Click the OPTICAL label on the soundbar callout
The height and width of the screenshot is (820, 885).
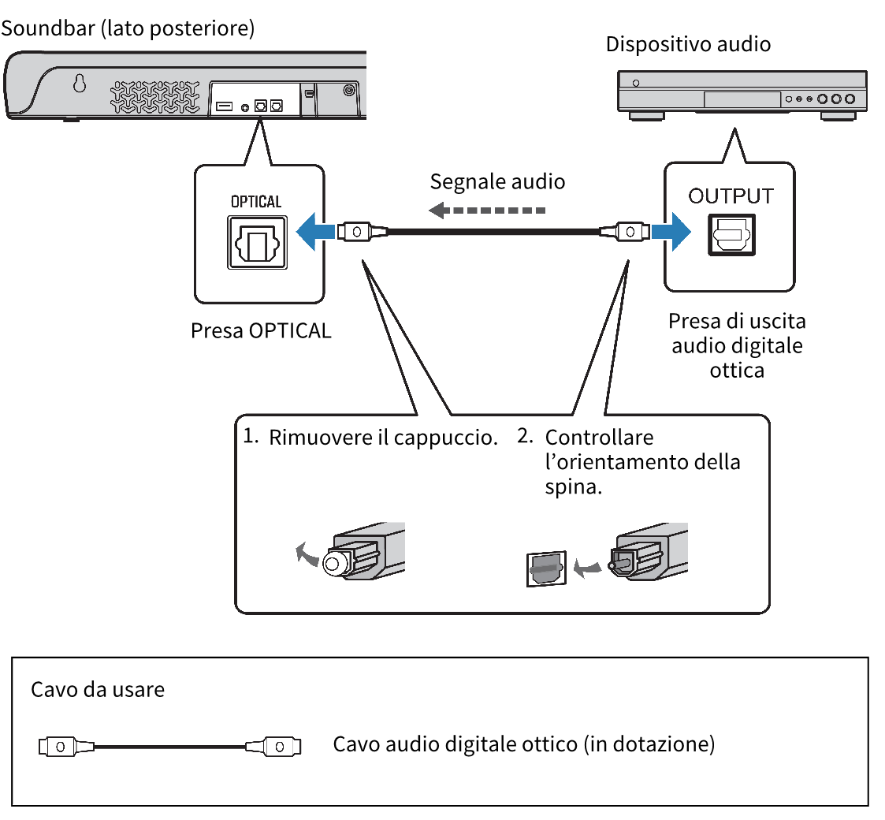[255, 202]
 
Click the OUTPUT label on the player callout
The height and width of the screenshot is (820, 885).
[731, 196]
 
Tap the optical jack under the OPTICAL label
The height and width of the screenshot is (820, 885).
[258, 243]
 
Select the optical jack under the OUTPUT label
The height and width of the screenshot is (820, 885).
[732, 234]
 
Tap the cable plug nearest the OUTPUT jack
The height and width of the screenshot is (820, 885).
[625, 232]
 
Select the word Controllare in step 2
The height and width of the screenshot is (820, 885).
[599, 437]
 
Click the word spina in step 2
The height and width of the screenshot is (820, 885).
[573, 487]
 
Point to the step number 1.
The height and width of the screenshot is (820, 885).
[251, 436]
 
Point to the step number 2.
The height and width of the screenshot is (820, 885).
[525, 436]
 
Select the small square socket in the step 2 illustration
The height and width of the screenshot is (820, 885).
[545, 568]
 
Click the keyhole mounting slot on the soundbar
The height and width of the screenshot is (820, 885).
[80, 84]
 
